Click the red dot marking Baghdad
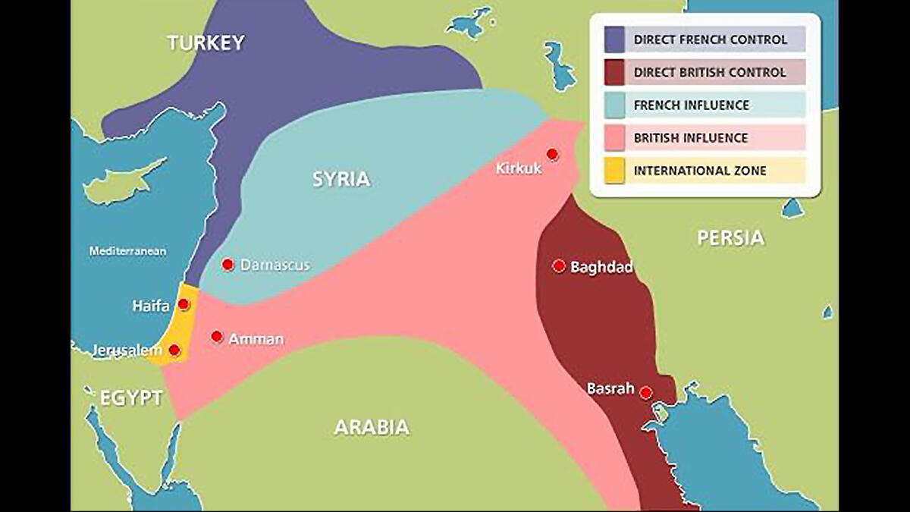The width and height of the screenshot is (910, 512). (559, 265)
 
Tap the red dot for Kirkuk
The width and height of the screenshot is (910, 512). (552, 155)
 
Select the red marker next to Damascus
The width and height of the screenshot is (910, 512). (227, 264)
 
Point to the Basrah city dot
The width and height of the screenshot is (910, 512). (645, 392)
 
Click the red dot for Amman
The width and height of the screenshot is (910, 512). (217, 336)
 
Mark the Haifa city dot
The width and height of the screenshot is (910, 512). (184, 304)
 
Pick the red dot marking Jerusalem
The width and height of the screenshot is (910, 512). (174, 350)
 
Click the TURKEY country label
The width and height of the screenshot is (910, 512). (206, 42)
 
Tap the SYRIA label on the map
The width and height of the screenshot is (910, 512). (341, 179)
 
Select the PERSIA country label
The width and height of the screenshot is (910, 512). (730, 238)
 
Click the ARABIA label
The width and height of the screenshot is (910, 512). (372, 427)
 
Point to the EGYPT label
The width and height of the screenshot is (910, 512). (131, 397)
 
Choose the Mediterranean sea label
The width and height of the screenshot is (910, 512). (127, 250)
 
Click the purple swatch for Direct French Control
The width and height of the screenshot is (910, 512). (614, 39)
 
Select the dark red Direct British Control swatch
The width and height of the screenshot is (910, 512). (614, 73)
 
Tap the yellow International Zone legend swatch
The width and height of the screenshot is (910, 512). (614, 171)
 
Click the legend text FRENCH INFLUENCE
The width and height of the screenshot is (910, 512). (691, 105)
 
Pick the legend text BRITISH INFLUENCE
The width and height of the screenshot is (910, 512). (691, 138)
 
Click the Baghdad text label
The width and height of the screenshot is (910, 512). (601, 267)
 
